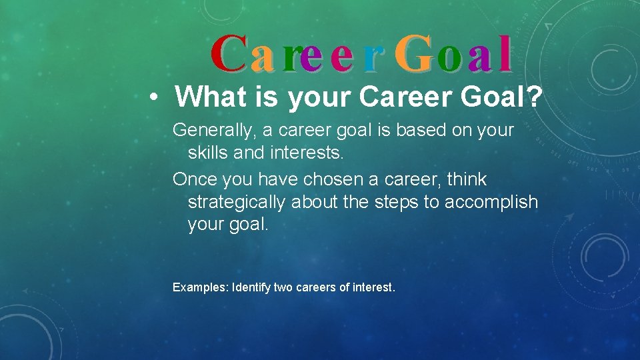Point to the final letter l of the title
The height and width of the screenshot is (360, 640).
click(x=505, y=54)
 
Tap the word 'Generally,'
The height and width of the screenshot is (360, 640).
click(x=213, y=131)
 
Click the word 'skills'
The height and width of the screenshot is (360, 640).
click(x=208, y=153)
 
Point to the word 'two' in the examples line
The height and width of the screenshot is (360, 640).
click(x=283, y=287)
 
